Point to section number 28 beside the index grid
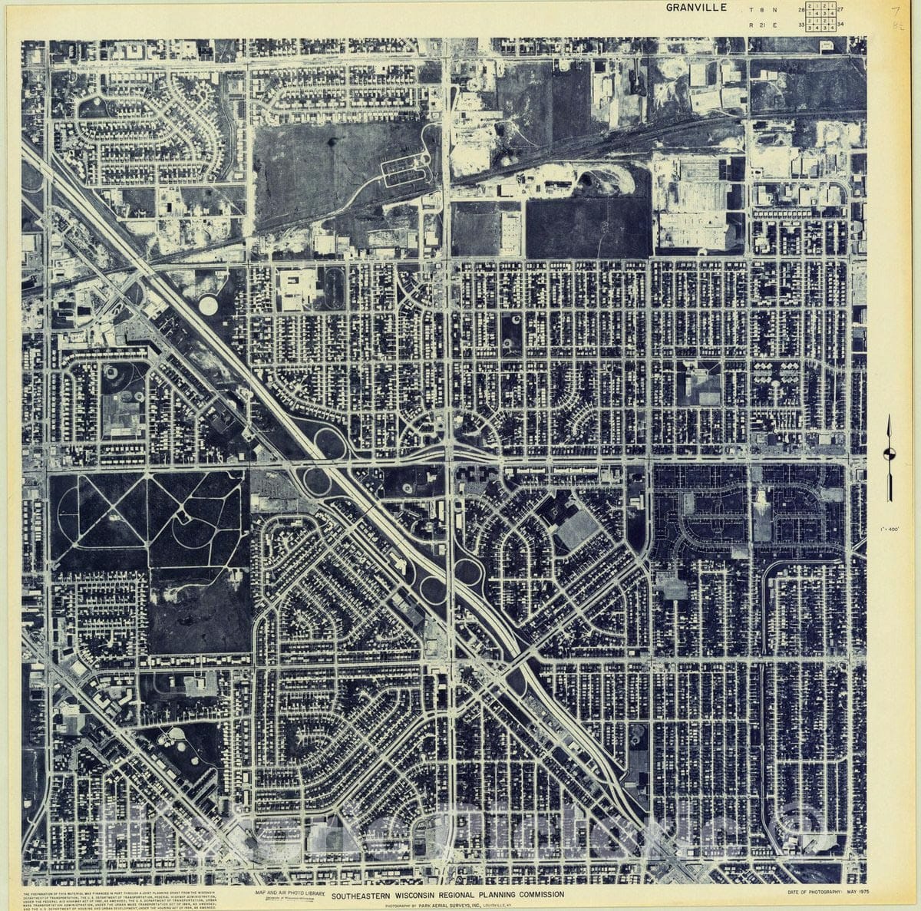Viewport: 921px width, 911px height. (x=801, y=10)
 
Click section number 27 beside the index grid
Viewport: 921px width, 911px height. (x=840, y=10)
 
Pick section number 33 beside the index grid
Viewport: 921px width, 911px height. (x=801, y=25)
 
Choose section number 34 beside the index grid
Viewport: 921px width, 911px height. (x=840, y=25)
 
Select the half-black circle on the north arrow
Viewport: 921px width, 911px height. (x=889, y=454)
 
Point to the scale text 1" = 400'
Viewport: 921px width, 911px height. (x=890, y=529)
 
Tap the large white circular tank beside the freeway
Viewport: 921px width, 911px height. (x=208, y=305)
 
